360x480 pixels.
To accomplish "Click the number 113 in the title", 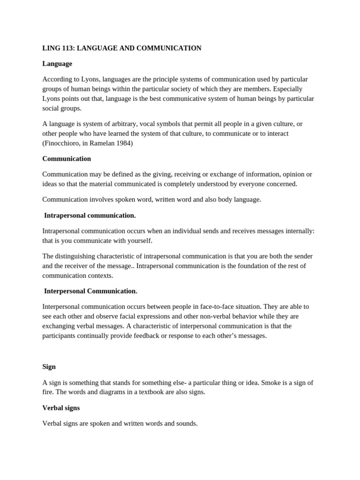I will (x=67, y=48).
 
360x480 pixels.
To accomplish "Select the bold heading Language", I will (x=57, y=64).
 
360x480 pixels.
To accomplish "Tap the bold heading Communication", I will (x=67, y=159).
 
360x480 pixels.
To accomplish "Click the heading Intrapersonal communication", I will (x=90, y=215).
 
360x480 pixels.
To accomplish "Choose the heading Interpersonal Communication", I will (x=90, y=291).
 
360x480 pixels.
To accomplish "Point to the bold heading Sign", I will (x=49, y=367).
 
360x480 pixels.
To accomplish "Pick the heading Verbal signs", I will (x=61, y=408).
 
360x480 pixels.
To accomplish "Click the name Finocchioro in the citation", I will (x=63, y=143).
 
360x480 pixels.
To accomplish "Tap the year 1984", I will (x=124, y=143).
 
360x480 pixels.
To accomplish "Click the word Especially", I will (x=287, y=89).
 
